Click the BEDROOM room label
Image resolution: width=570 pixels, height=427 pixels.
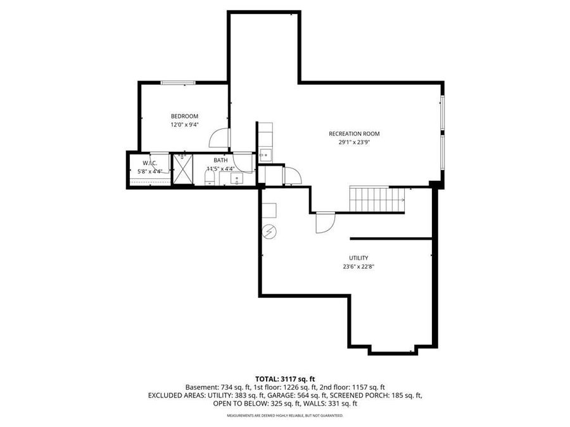[x=184, y=116]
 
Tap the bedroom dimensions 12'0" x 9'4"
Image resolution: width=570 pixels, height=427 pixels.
[x=184, y=125]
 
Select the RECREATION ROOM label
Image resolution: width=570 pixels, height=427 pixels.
[x=353, y=133]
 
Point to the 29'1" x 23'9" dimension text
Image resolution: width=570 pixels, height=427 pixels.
[x=353, y=142]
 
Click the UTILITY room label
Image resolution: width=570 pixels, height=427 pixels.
[x=358, y=257]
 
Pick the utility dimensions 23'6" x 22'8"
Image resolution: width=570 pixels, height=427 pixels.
[x=358, y=266]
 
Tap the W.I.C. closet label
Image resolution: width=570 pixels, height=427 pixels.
[x=149, y=163]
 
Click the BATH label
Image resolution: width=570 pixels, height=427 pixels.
[x=220, y=161]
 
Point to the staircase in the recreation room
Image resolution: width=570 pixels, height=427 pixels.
[x=377, y=199]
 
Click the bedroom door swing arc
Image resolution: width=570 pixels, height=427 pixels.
[x=219, y=137]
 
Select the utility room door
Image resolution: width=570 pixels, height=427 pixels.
[x=324, y=223]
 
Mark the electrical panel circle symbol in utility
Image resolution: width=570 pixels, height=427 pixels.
[x=270, y=232]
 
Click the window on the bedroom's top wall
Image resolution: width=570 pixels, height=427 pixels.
[x=177, y=82]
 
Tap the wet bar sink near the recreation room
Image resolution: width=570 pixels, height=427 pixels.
[x=265, y=154]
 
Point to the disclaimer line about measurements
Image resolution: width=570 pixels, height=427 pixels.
[x=285, y=416]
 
